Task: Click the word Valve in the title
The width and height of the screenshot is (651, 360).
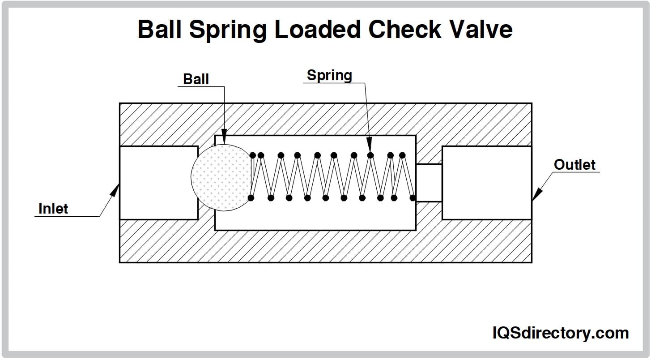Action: [x=483, y=30]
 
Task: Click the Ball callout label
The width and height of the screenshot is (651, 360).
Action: [x=196, y=79]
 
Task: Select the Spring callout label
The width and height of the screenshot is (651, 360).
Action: [x=329, y=76]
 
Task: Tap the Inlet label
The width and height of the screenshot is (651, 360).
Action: [x=53, y=209]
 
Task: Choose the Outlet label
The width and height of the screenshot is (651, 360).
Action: [x=574, y=165]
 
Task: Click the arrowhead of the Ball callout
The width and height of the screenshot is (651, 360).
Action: [x=224, y=138]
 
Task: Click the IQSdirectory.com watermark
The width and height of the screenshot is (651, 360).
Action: [x=561, y=333]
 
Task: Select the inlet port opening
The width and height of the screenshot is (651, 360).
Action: [x=158, y=183]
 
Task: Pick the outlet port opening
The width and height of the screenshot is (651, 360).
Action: [x=487, y=183]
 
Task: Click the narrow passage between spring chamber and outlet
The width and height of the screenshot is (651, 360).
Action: [x=429, y=183]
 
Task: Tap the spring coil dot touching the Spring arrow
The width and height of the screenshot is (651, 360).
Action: [x=370, y=155]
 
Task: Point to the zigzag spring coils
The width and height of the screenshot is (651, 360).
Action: [x=331, y=177]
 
